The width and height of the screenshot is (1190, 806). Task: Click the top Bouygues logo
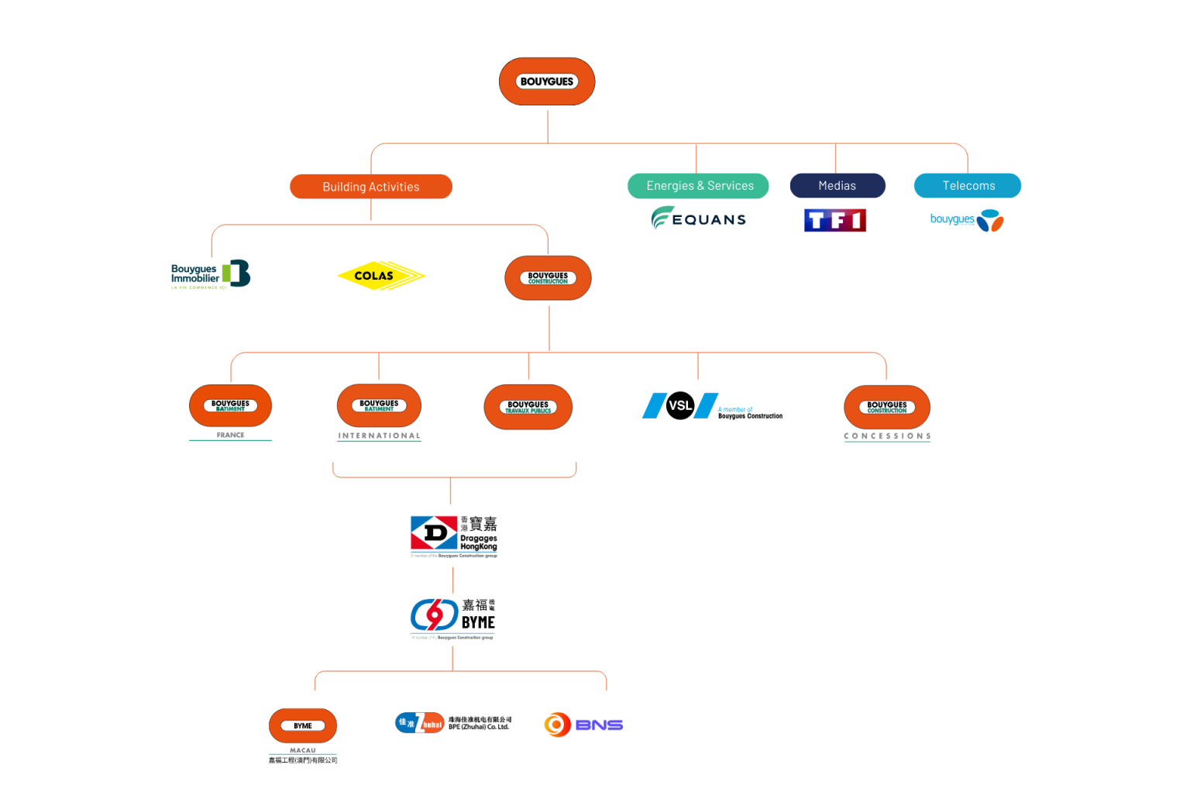click(x=547, y=81)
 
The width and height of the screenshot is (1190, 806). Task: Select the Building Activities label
click(x=370, y=187)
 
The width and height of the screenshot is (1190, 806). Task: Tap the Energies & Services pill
click(x=698, y=186)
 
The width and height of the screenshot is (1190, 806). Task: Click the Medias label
click(x=837, y=186)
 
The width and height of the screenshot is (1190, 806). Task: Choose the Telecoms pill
click(x=968, y=186)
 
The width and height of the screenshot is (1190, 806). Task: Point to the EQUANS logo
click(x=699, y=219)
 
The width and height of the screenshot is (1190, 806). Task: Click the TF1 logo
click(x=834, y=221)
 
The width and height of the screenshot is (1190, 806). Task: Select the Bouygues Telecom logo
click(x=966, y=221)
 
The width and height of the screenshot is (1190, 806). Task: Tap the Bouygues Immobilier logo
click(x=210, y=274)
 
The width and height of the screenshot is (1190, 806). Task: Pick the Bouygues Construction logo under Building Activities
click(x=548, y=277)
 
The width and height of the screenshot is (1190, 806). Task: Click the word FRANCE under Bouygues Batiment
click(x=230, y=436)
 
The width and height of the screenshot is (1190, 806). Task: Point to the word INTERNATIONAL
click(x=379, y=436)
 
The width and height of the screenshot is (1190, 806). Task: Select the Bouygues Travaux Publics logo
click(x=528, y=407)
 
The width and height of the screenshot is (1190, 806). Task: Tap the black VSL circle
click(x=679, y=405)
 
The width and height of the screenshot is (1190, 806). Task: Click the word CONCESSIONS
click(x=887, y=436)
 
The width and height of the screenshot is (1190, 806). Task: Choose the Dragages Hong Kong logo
click(x=453, y=536)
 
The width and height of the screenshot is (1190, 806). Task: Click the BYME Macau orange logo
click(x=303, y=726)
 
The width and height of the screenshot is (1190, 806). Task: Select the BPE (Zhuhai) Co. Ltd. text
click(x=479, y=727)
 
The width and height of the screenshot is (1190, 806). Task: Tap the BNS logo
click(x=583, y=725)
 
